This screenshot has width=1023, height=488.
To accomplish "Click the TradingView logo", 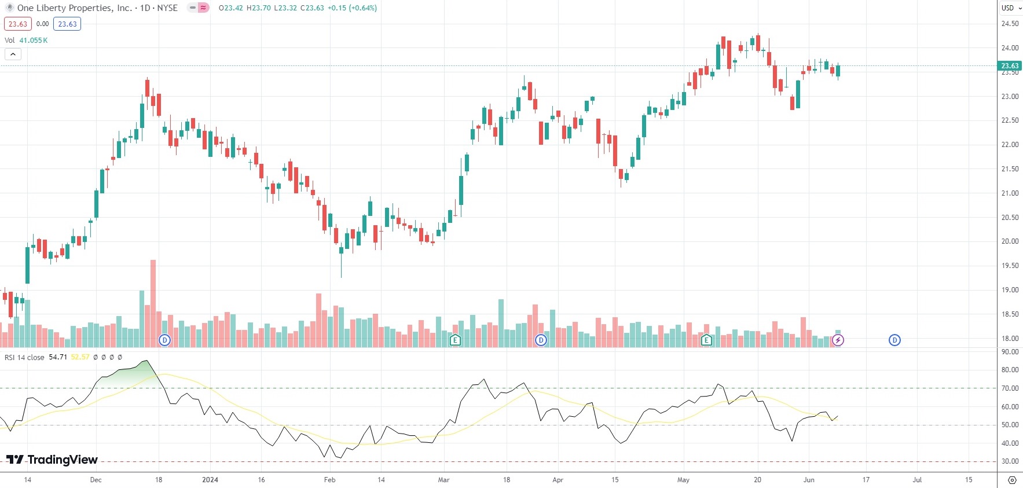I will [52, 460].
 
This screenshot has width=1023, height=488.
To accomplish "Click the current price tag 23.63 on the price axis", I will [1010, 66].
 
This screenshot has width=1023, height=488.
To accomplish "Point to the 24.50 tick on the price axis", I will [1010, 24].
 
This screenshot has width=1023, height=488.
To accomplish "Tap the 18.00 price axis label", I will [1010, 339].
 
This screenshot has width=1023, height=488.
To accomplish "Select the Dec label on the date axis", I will [96, 480].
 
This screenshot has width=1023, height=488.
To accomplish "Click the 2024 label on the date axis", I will [210, 480].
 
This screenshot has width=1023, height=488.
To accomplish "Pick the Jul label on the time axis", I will [917, 480].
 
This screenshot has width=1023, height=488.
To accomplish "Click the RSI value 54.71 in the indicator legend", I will [58, 357].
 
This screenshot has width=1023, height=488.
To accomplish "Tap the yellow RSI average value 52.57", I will [80, 357].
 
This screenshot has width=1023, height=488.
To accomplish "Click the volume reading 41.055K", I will [34, 41].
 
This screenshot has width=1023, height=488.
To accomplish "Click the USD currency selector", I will [1011, 8].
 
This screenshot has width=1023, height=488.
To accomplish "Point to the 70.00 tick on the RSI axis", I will [1010, 388].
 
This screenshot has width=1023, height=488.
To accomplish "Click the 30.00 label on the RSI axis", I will [1010, 461].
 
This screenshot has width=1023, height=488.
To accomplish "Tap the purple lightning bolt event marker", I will [838, 340].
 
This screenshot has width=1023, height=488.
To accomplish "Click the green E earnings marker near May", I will [706, 340].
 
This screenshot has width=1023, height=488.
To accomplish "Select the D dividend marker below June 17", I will [894, 340].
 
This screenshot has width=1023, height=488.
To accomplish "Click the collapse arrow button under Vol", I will [13, 54].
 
